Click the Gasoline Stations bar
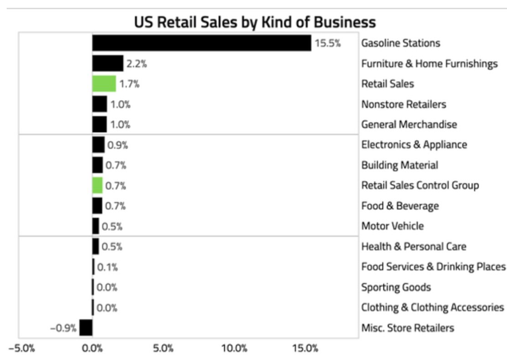point(201,43)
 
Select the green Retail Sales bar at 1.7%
point(104,84)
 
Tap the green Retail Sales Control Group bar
point(98,185)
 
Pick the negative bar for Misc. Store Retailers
point(86,328)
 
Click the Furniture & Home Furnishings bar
point(107,63)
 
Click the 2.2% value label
point(136,63)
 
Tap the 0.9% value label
point(118,145)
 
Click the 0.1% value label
point(107,267)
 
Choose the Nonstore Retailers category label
point(403,104)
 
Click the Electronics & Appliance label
point(414,145)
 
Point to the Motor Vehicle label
point(392,226)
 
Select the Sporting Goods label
point(396,287)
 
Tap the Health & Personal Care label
point(414,247)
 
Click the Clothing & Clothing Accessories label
point(432,307)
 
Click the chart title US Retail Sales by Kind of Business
point(254,22)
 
